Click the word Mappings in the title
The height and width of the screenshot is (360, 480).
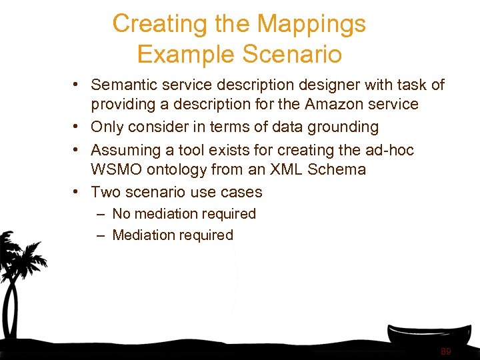click(311, 25)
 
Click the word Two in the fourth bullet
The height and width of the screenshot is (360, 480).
click(105, 192)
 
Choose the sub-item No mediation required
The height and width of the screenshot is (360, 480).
click(184, 214)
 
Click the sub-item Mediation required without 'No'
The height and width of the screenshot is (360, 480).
click(173, 235)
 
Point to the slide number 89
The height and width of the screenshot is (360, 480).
click(445, 351)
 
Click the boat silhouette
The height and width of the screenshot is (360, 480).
click(426, 337)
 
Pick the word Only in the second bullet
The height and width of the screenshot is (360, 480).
click(106, 127)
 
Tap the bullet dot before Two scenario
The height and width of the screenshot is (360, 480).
click(77, 192)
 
